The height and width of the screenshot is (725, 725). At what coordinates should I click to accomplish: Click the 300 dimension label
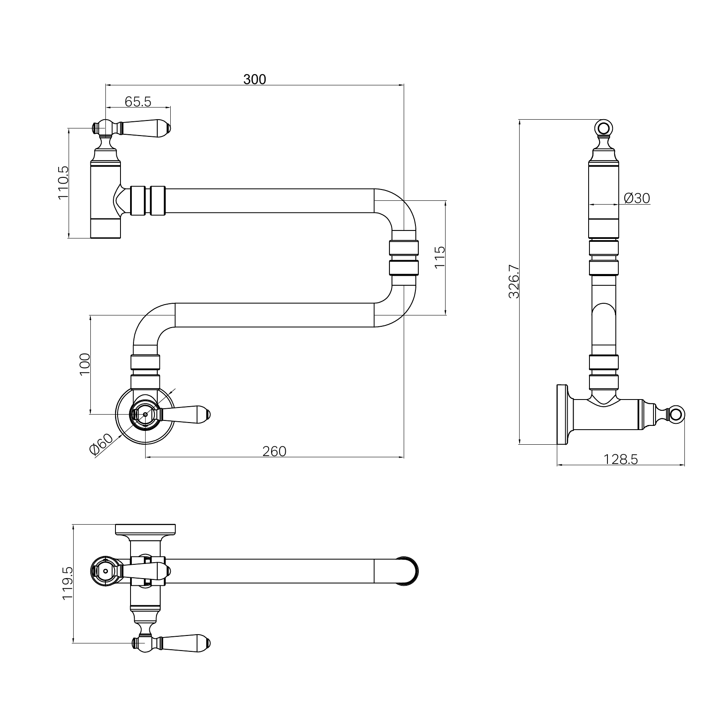pyautogui.click(x=254, y=79)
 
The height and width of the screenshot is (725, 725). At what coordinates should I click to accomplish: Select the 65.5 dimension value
pyautogui.click(x=138, y=101)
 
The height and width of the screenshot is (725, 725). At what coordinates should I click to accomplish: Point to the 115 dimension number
pyautogui.click(x=440, y=258)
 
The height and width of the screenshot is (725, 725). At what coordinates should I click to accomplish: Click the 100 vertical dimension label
pyautogui.click(x=85, y=364)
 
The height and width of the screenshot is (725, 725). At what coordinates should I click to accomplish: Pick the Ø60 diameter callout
pyautogui.click(x=101, y=444)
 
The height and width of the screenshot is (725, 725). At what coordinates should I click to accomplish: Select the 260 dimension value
pyautogui.click(x=274, y=451)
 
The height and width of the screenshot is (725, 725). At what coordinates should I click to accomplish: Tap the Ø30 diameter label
pyautogui.click(x=637, y=198)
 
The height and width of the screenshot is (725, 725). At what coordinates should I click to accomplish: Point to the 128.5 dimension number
pyautogui.click(x=620, y=459)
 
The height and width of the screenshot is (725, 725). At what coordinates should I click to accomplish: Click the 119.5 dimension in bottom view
pyautogui.click(x=68, y=584)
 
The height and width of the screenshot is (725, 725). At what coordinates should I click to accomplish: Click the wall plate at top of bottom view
pyautogui.click(x=145, y=529)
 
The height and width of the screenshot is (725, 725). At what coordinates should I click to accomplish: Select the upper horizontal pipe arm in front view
pyautogui.click(x=268, y=201)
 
